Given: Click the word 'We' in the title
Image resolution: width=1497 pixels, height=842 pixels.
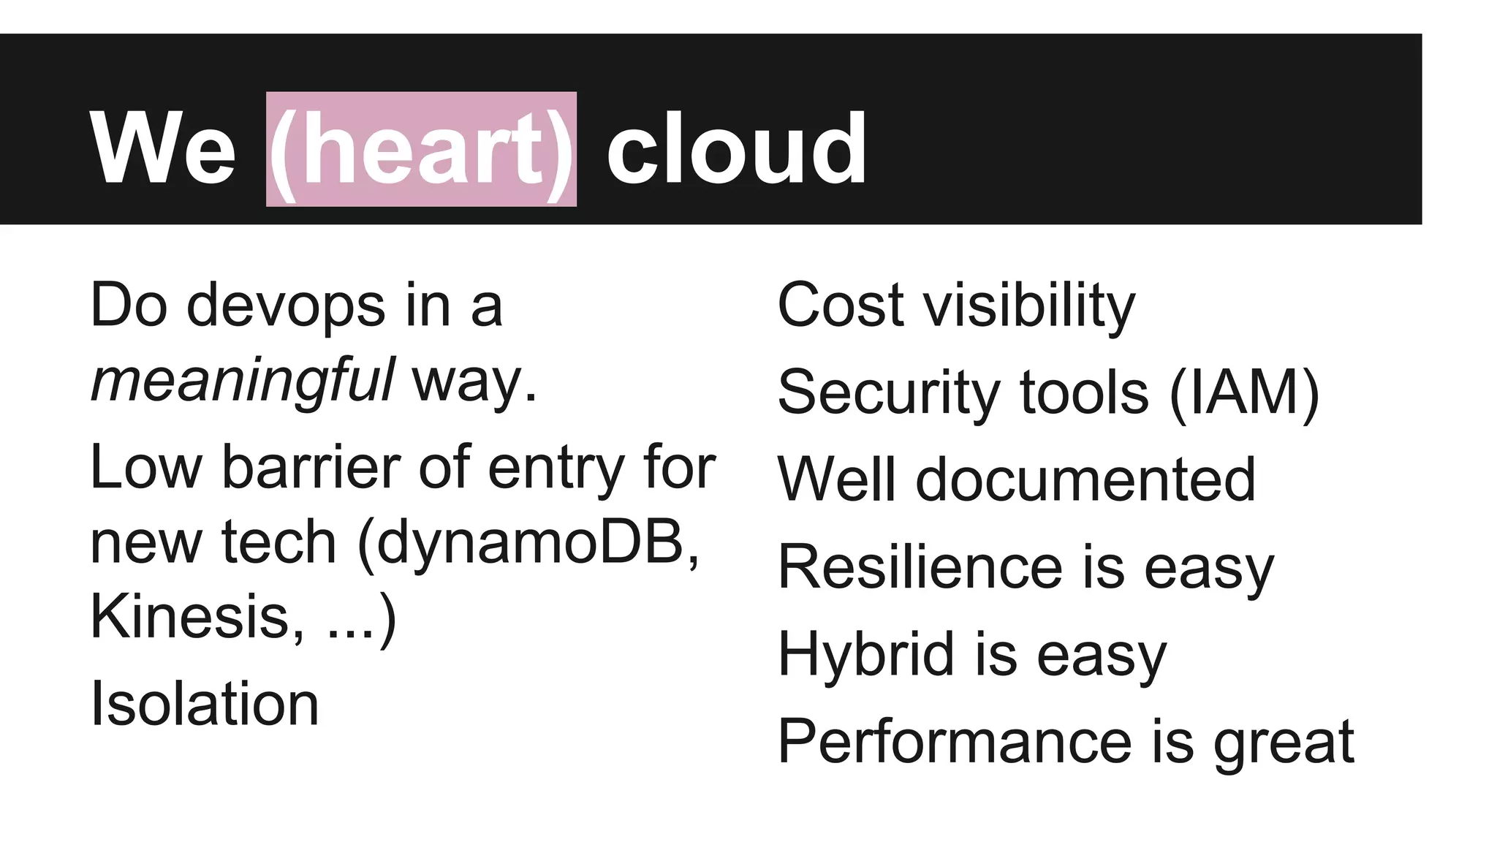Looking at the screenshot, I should coord(162,150).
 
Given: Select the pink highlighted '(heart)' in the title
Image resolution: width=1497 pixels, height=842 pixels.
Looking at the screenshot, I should coord(421,150).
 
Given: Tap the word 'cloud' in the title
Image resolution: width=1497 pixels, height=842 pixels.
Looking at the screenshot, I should coord(736,150).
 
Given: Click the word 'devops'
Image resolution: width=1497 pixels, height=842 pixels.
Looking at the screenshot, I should coord(286,306).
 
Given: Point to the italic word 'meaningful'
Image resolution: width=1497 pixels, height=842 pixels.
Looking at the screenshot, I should coord(242,382).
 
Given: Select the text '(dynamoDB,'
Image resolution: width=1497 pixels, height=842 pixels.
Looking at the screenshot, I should coord(528,542).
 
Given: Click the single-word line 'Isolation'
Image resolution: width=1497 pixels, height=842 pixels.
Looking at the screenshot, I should coord(204,704).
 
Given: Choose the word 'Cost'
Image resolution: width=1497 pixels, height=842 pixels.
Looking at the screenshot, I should coord(841,306).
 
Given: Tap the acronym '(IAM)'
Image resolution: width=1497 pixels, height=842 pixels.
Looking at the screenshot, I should coord(1245,393).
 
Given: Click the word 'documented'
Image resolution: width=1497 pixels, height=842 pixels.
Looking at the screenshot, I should coord(1085,479).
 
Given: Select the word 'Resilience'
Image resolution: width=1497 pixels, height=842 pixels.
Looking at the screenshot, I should coord(920,567).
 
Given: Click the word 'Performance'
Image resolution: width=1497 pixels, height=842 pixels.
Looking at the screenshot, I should coord(955,742).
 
